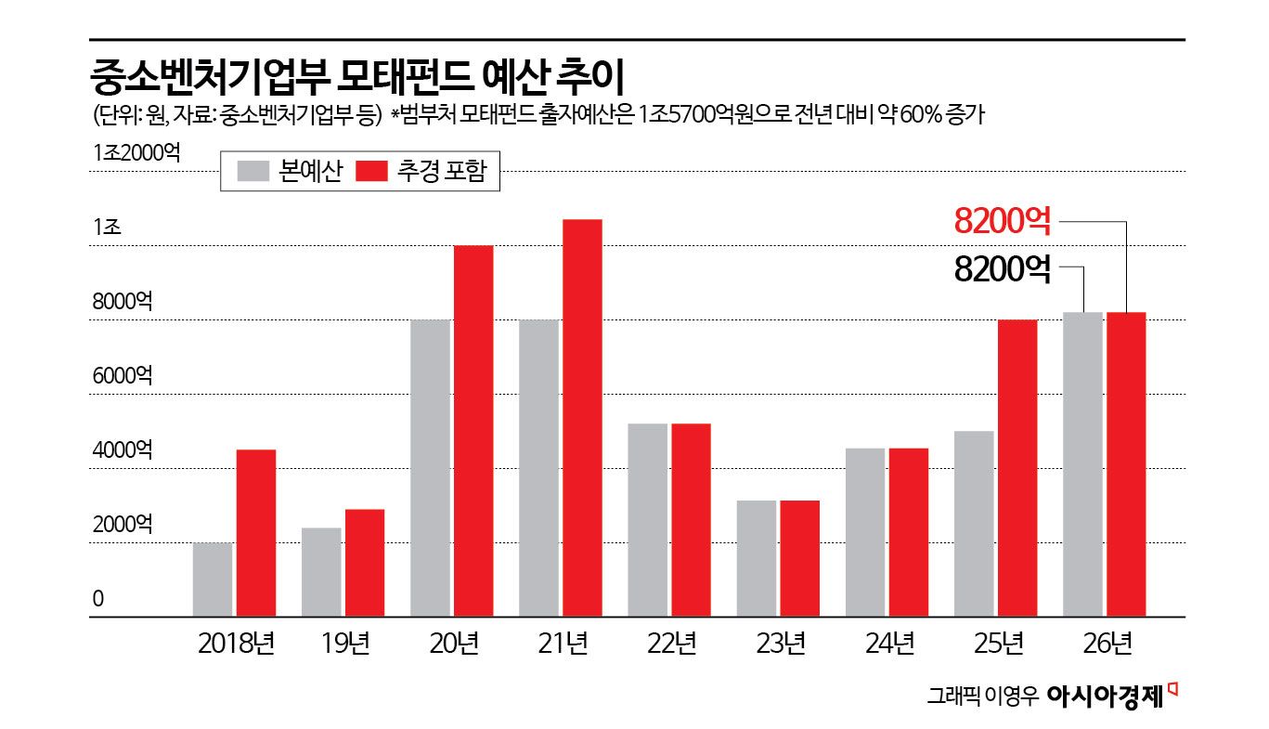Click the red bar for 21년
tap(582, 418)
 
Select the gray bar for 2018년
tap(213, 579)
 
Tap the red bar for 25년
tap(1016, 468)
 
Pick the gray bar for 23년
tap(756, 558)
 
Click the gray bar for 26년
tap(1082, 464)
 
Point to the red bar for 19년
tap(365, 563)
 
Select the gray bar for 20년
tap(430, 468)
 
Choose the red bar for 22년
tap(691, 520)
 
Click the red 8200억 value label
tap(1003, 222)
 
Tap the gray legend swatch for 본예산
tap(252, 172)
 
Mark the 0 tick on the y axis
tap(97, 599)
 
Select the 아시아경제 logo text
tap(1104, 696)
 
